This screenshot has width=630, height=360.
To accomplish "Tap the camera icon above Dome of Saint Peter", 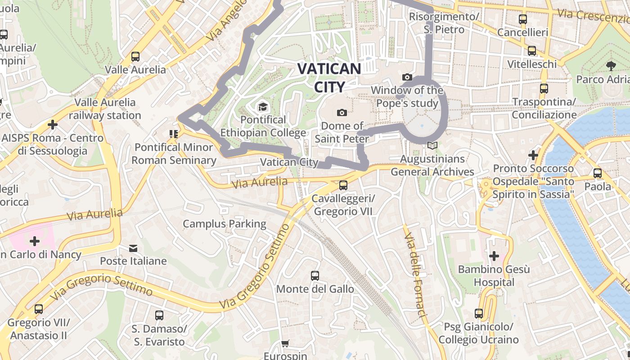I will (342, 112).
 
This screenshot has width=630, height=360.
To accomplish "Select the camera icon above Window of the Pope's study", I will (407, 77).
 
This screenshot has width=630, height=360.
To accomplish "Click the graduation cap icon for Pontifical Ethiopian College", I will (262, 107).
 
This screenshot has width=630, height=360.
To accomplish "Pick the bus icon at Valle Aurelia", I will (135, 57).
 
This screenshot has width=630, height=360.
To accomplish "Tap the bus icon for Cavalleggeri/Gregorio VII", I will (343, 185).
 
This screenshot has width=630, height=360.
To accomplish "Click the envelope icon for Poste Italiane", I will (133, 248).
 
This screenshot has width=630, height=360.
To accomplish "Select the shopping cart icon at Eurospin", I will (285, 344).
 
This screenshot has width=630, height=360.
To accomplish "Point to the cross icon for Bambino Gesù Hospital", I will (494, 256).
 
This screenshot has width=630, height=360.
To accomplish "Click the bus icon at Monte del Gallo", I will (315, 275).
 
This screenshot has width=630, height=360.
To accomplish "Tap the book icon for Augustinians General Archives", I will (432, 145).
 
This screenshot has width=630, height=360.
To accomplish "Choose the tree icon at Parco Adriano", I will (611, 66).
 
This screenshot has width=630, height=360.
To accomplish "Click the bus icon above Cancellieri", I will (522, 19).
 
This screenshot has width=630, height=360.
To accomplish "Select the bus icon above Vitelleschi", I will (532, 51).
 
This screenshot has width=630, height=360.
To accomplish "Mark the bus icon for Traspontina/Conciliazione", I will (544, 89).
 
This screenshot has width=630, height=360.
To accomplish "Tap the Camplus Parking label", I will (225, 224).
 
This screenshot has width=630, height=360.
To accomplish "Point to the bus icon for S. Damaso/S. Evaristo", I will (159, 315).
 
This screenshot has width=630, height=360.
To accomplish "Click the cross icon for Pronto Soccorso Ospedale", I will (533, 155).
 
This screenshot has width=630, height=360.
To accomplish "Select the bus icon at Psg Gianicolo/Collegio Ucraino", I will (479, 313).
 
